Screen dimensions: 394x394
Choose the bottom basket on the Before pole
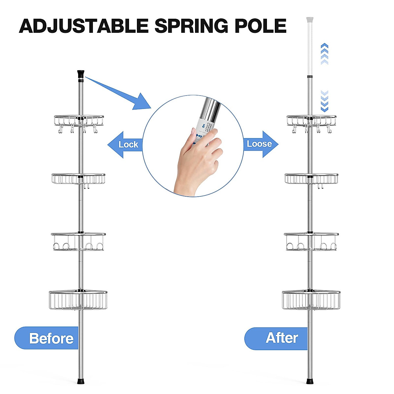(78, 300)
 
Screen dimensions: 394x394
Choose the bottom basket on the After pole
(311, 300)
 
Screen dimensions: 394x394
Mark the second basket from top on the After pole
(311, 179)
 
